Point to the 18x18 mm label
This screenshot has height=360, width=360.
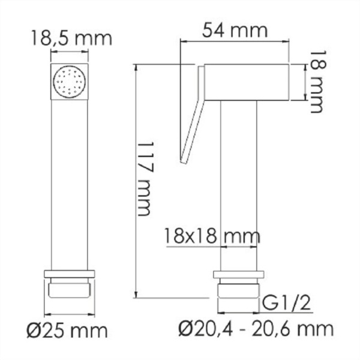[x=212, y=235]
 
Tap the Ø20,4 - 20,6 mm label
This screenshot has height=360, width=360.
[x=256, y=328]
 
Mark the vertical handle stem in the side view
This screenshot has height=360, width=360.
[x=239, y=180]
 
